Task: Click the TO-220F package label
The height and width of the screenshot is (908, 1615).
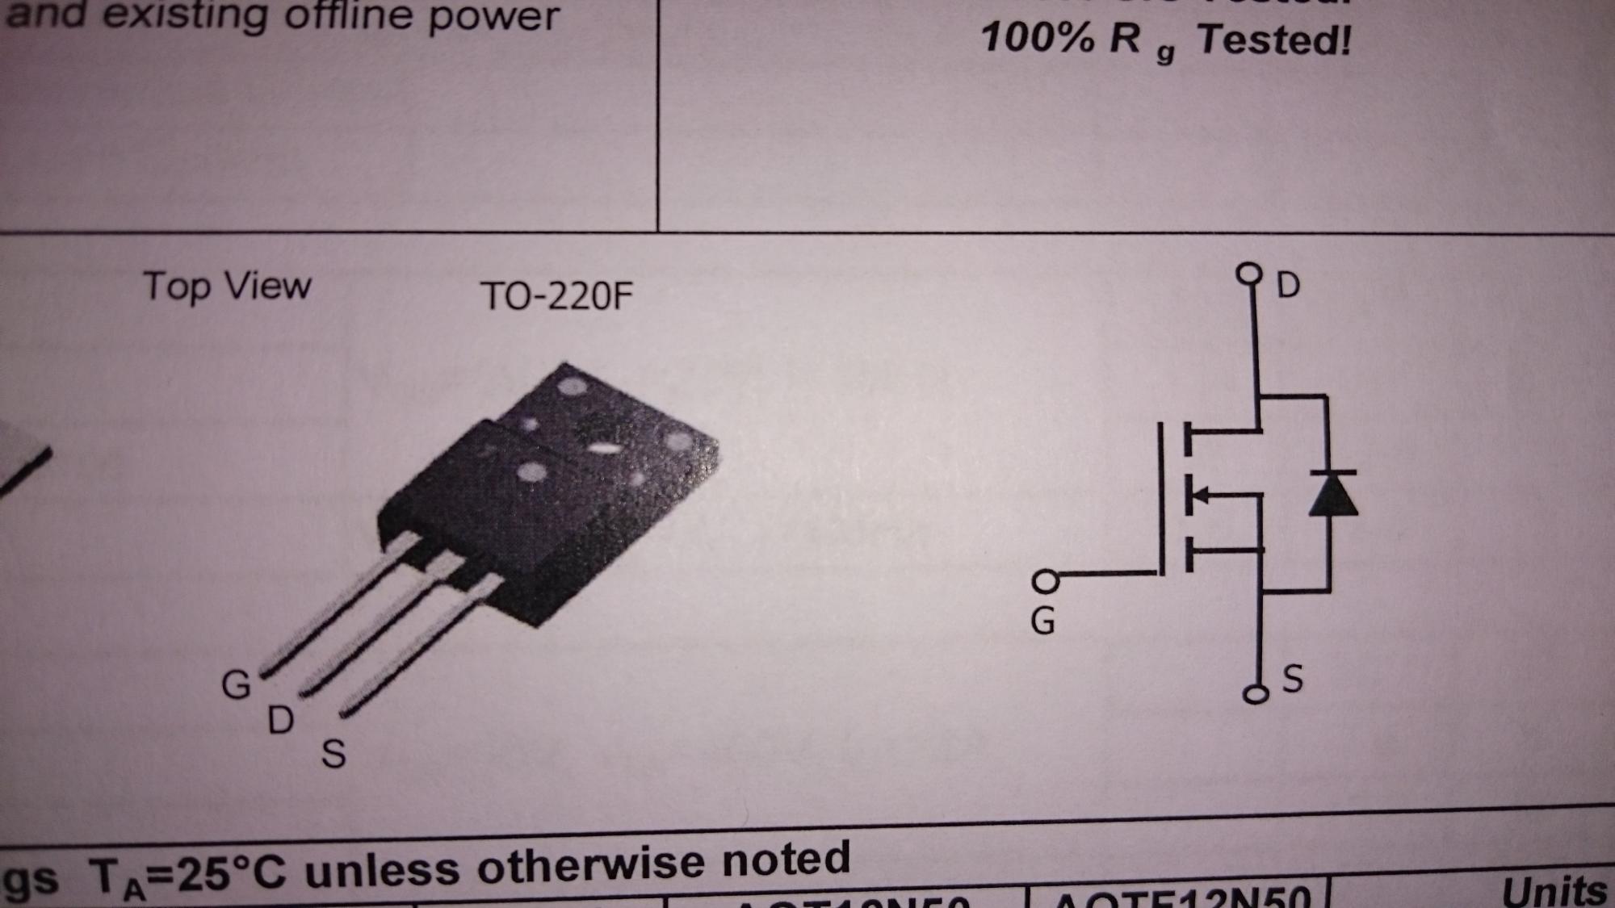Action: pos(556,296)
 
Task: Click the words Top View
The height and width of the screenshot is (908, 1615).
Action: pos(227,287)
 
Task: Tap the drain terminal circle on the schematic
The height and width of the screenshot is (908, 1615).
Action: pos(1249,274)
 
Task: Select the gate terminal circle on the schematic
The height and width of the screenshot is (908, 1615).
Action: pos(1046,580)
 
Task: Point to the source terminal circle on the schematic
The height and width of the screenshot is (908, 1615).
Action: pos(1255,694)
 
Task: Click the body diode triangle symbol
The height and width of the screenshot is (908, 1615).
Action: pos(1332,494)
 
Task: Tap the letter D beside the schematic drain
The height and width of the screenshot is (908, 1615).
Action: pos(1288,285)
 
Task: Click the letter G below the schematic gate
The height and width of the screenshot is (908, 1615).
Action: pos(1042,621)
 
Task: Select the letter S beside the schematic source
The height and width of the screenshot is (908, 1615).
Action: pos(1292,679)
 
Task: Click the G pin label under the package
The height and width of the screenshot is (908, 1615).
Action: pos(236,685)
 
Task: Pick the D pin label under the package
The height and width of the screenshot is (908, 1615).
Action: pos(280,720)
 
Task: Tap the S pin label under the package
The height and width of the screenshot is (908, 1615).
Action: pos(333,754)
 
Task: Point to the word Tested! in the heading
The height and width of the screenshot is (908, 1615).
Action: pos(1273,40)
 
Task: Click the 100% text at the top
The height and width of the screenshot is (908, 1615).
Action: pos(1038,37)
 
